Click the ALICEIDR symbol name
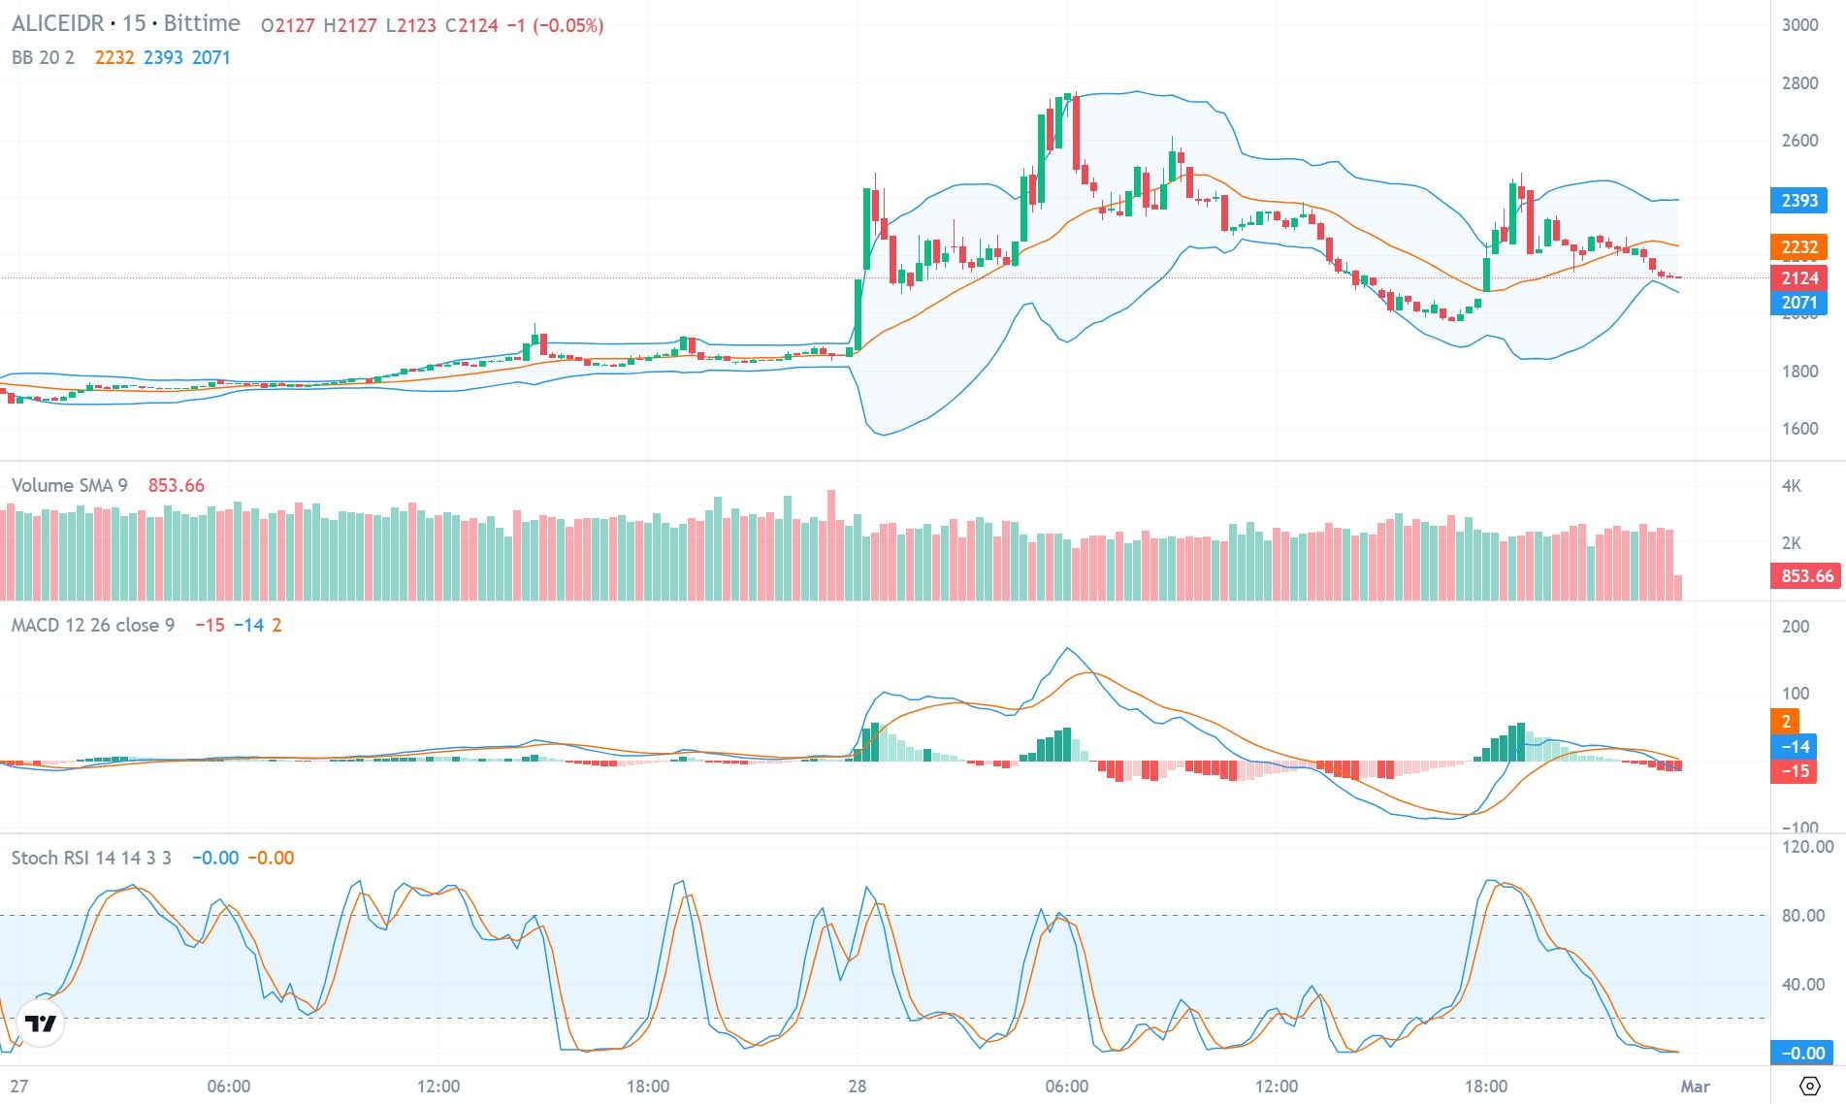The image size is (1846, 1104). point(57,23)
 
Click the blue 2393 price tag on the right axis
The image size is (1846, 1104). point(1798,201)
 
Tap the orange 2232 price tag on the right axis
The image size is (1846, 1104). point(1798,247)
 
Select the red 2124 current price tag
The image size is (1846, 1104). point(1798,278)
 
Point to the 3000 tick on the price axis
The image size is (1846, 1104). point(1799,25)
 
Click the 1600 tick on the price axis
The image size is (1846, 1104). point(1799,429)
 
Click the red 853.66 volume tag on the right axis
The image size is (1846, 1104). point(1807,576)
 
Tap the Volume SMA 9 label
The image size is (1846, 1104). point(69,485)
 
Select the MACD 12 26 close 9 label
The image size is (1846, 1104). point(92,626)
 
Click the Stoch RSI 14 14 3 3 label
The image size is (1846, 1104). point(91,858)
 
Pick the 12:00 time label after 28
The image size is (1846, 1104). point(1276,1087)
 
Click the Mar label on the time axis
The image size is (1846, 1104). point(1695,1087)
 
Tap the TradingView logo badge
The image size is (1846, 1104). point(41,1023)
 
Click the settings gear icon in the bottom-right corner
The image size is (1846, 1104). point(1809,1086)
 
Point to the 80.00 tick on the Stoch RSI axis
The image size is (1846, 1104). point(1803,916)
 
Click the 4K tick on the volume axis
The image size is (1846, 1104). point(1791,486)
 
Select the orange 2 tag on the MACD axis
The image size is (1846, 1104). point(1785,721)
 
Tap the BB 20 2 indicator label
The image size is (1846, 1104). point(43,57)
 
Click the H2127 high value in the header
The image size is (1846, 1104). point(349,25)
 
